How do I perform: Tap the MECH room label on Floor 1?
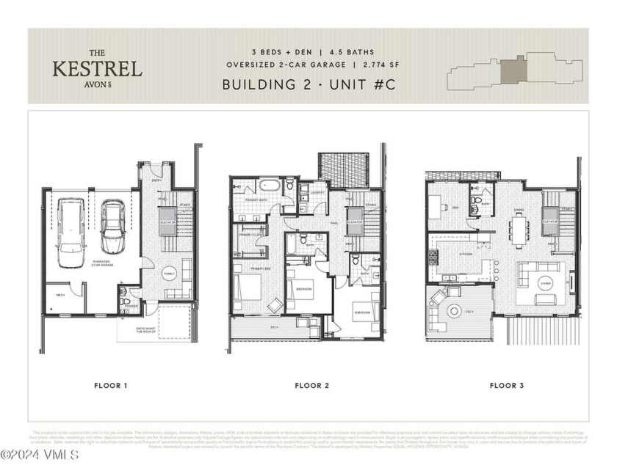point(61,296)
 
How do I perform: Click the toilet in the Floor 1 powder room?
point(125,301)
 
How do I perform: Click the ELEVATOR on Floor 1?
point(167,220)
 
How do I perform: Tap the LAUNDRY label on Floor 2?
point(318,193)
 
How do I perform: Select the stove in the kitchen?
point(433,258)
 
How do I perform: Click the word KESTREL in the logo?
point(96,69)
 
